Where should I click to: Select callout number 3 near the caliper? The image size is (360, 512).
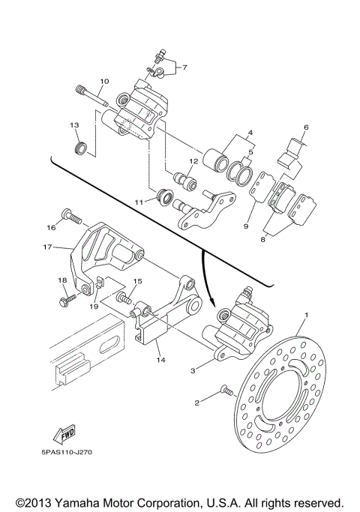pyautogui.click(x=193, y=370)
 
